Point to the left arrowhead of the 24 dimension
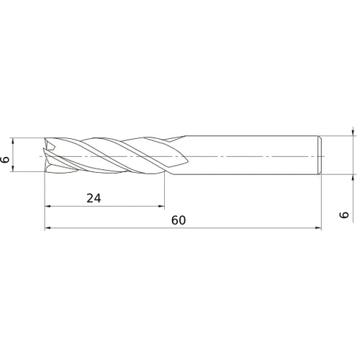[x=48, y=207]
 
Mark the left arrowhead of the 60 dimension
[x=48, y=228]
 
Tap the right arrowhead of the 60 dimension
[x=318, y=228]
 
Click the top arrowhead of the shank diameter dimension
[x=353, y=132]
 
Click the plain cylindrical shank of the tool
[x=245, y=155]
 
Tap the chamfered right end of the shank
[x=319, y=155]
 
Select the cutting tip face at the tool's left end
[x=48, y=155]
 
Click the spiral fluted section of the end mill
[x=108, y=155]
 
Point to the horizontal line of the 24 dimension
[x=130, y=207]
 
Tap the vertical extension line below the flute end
[x=164, y=191]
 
